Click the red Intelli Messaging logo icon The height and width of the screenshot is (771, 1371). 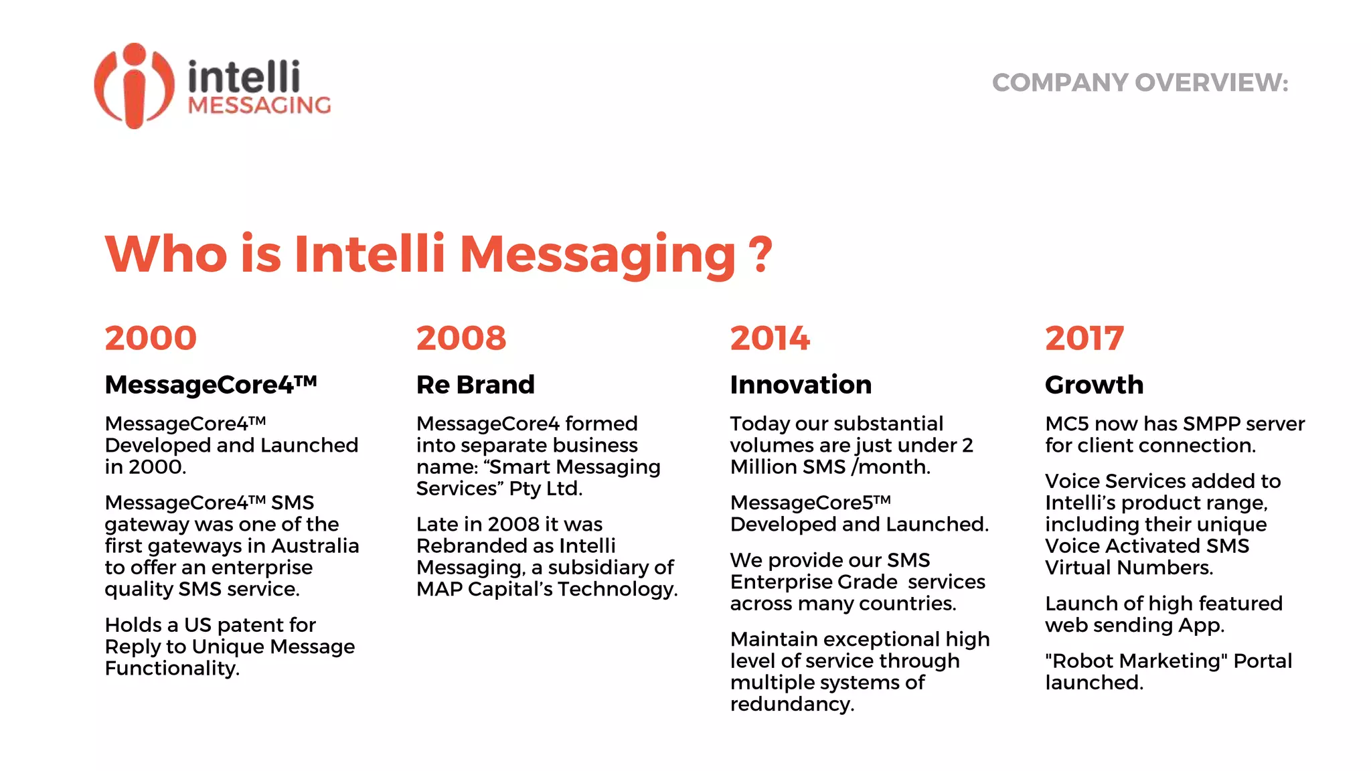click(x=134, y=86)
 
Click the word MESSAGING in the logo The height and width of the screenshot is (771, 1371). click(x=259, y=105)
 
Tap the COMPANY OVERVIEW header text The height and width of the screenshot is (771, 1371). click(x=1139, y=83)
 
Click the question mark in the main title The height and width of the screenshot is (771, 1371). click(x=760, y=254)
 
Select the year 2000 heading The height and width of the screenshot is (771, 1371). click(x=151, y=338)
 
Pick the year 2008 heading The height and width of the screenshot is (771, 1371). click(x=461, y=338)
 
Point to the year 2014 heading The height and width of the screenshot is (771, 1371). click(x=770, y=338)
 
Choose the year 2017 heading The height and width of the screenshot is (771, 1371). click(x=1084, y=338)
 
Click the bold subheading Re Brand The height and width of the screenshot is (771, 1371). click(x=475, y=385)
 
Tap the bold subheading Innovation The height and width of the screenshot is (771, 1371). click(x=801, y=385)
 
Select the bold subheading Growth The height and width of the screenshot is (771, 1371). click(x=1094, y=385)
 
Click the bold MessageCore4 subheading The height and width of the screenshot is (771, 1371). click(x=210, y=385)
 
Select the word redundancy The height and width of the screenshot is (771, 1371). click(x=792, y=704)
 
